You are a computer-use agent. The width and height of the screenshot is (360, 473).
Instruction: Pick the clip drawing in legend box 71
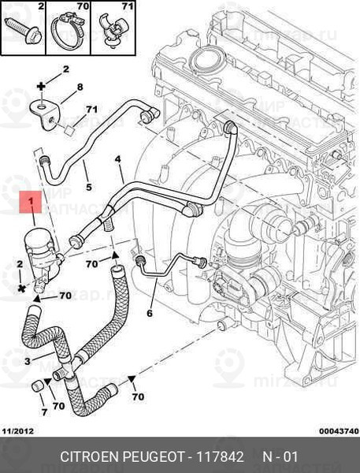point(111,31)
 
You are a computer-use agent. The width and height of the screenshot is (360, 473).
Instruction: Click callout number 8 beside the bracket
point(80,88)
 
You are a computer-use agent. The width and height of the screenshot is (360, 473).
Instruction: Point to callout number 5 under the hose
point(89,187)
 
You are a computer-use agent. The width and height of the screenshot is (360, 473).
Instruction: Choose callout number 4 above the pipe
point(117,159)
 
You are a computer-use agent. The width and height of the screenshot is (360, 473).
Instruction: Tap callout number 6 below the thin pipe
point(150,314)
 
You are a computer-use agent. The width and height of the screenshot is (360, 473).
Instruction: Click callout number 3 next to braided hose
point(28,361)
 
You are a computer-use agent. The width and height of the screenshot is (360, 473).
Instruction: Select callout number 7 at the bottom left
point(44,412)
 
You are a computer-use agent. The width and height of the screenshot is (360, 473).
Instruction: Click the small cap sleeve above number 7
point(38,386)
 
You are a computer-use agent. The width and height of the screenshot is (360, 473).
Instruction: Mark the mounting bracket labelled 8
point(45,115)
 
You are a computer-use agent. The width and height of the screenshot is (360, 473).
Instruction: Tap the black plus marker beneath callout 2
point(41,87)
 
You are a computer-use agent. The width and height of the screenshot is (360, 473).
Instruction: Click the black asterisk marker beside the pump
point(20,289)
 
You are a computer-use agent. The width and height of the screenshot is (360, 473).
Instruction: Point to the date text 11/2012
point(18,431)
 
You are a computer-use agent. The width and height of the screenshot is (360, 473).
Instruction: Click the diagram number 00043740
point(340,431)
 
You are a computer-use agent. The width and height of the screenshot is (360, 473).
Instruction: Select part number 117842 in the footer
point(220,456)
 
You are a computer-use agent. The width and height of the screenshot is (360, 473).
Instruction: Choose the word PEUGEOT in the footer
point(153,456)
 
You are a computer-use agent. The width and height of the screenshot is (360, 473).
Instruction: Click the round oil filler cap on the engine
point(206,61)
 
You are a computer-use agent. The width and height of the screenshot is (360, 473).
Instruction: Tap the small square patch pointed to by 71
point(69,131)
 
